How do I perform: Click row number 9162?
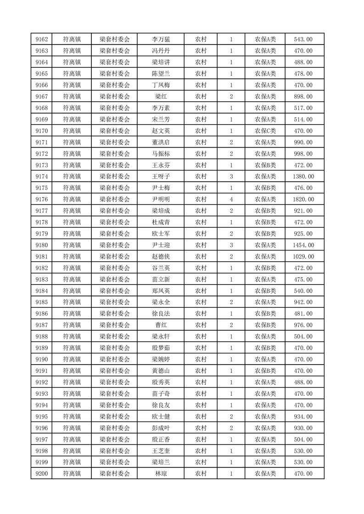coord(41,39)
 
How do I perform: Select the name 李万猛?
coord(161,39)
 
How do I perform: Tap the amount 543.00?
coord(303,39)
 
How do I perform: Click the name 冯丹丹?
coord(161,51)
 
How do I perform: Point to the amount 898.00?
coord(303,97)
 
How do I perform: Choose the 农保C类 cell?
coord(265,131)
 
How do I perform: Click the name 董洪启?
coord(161,142)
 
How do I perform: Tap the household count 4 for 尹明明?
coord(231,199)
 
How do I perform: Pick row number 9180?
coord(41,245)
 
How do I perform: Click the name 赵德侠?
coord(161,257)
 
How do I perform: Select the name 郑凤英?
coord(161,291)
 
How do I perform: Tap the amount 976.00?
coord(303,325)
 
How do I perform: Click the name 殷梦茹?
coord(161,348)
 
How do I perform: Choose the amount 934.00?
coord(303,416)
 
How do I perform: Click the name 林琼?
coord(161,474)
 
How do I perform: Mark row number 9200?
coord(41,474)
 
